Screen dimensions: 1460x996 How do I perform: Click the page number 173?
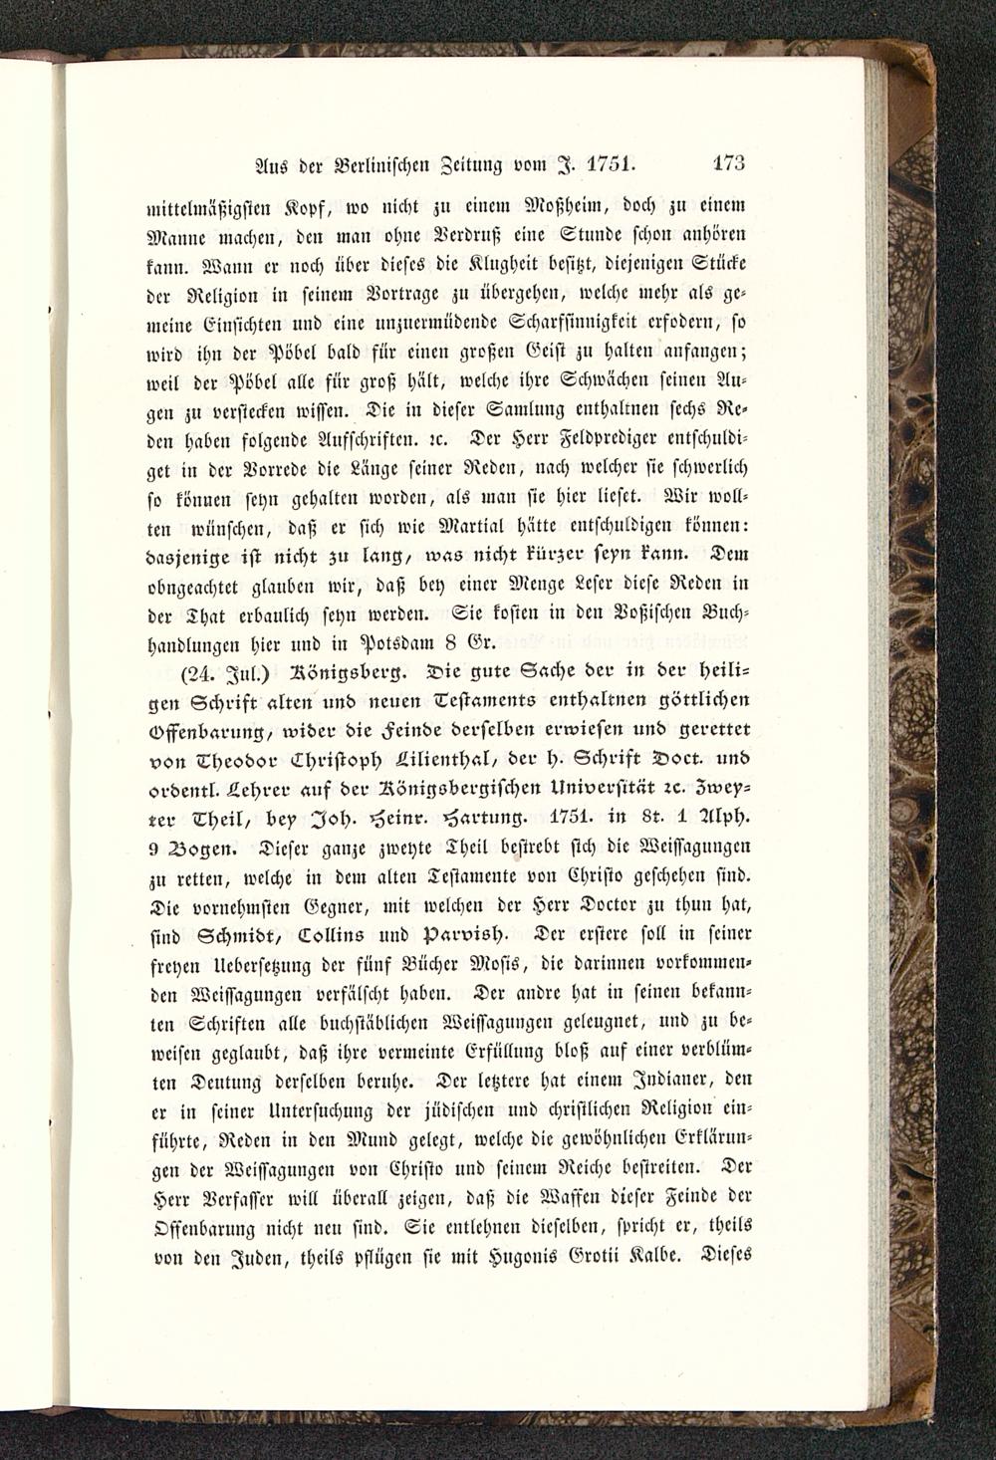pos(729,163)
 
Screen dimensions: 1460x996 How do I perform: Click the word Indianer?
pos(660,1078)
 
